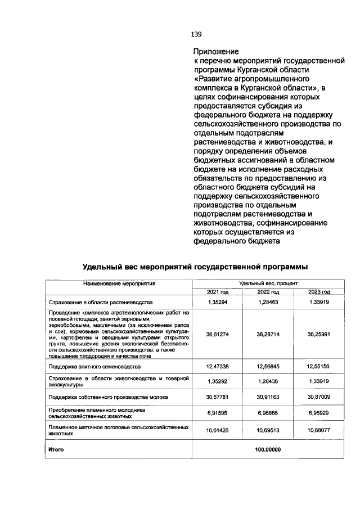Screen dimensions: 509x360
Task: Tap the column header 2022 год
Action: pyautogui.click(x=268, y=292)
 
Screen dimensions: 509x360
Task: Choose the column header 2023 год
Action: pyautogui.click(x=319, y=292)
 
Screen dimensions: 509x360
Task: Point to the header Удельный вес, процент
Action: pyautogui.click(x=268, y=284)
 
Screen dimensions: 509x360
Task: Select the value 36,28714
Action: pyautogui.click(x=268, y=334)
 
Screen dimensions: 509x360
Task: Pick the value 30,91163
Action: pyautogui.click(x=268, y=397)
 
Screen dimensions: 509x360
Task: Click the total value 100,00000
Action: pyautogui.click(x=268, y=449)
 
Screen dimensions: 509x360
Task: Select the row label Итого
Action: pyautogui.click(x=56, y=449)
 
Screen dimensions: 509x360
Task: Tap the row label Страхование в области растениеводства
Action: pyautogui.click(x=97, y=302)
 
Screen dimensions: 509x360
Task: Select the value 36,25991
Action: pyautogui.click(x=319, y=334)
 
